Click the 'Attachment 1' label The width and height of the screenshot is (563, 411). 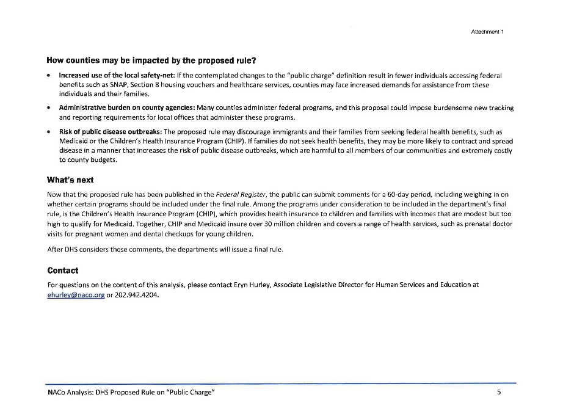click(x=487, y=31)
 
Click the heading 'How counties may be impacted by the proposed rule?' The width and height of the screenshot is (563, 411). click(x=151, y=61)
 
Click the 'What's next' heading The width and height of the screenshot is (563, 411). click(x=70, y=180)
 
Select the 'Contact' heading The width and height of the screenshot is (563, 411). click(x=63, y=271)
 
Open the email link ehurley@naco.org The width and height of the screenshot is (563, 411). click(x=76, y=295)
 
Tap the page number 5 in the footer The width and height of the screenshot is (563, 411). click(x=499, y=392)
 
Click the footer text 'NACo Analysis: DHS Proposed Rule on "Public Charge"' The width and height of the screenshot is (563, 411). click(x=131, y=392)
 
